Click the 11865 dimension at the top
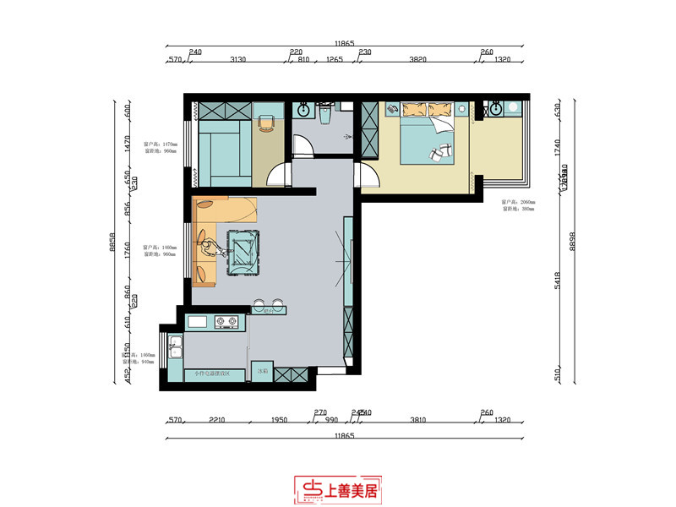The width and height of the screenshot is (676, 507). (x=344, y=42)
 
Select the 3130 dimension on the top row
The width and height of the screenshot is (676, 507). (x=237, y=60)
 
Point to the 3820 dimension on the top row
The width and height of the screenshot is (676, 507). (x=417, y=60)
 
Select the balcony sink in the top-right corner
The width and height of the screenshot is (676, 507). (x=496, y=109)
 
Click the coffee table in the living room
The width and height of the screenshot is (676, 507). (x=243, y=251)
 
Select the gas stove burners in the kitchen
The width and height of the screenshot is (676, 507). (x=226, y=321)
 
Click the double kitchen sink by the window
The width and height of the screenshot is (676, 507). (x=175, y=347)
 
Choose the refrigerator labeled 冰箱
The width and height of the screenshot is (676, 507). (x=263, y=371)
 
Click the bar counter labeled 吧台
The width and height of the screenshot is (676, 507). (x=270, y=310)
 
